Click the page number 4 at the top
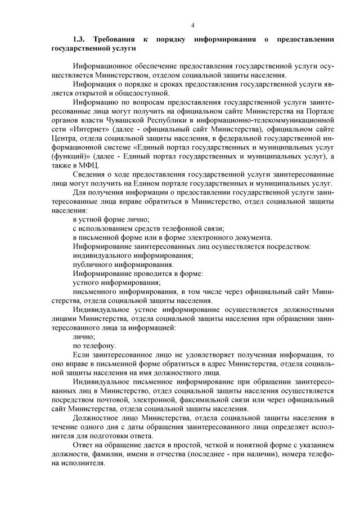(x=193, y=25)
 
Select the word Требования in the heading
(x=115, y=40)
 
